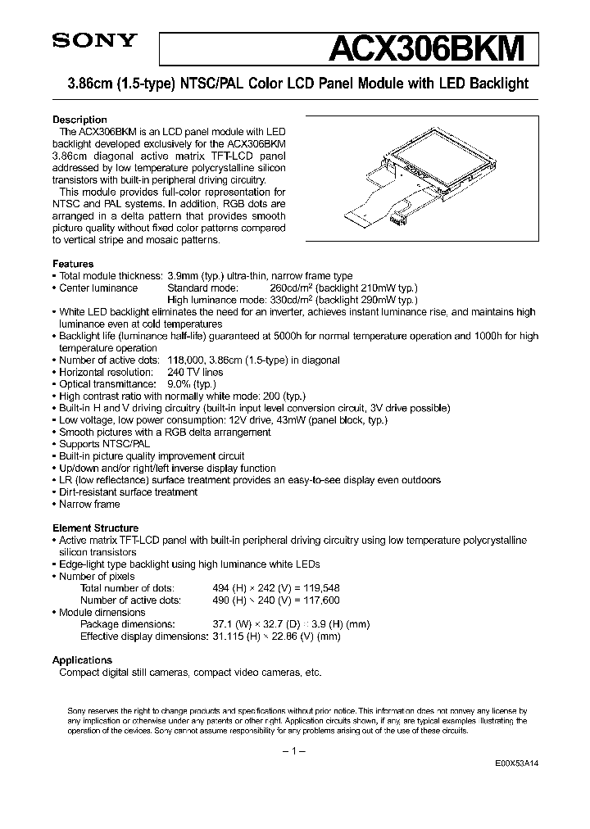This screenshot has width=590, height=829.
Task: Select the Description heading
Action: (x=79, y=120)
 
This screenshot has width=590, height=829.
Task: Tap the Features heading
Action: (x=73, y=265)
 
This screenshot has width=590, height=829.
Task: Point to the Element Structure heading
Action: (x=95, y=528)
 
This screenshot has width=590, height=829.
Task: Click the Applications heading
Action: (x=82, y=660)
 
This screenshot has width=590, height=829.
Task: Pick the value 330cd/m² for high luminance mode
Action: (x=293, y=300)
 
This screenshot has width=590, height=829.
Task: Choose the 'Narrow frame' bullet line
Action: (x=89, y=505)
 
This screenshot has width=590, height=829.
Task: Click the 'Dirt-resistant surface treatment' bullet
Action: (x=128, y=492)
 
